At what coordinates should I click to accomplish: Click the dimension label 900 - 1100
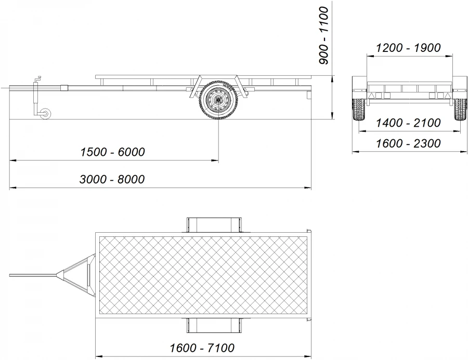click(x=323, y=35)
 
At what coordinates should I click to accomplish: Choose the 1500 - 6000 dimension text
click(x=112, y=152)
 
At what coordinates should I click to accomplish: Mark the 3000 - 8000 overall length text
click(x=112, y=179)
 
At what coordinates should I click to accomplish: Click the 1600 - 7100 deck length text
click(x=202, y=348)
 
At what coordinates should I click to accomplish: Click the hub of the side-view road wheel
click(x=217, y=100)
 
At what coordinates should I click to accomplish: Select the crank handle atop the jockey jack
click(x=37, y=79)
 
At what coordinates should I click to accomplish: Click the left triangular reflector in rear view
click(x=372, y=96)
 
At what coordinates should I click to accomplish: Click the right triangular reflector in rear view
click(x=446, y=96)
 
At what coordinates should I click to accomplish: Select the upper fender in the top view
click(x=214, y=224)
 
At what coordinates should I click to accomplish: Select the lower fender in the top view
click(x=214, y=326)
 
